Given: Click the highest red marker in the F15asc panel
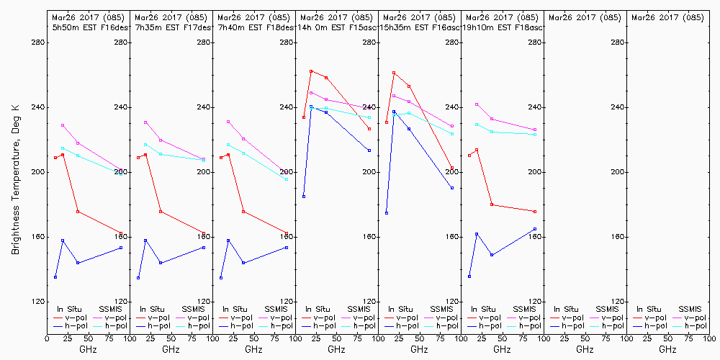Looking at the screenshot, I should (311, 71).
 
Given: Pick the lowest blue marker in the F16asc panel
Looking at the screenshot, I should (387, 213).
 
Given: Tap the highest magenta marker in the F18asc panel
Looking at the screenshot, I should (477, 104).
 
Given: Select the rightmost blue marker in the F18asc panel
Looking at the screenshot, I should (535, 229).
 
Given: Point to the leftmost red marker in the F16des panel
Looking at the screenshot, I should (55, 158).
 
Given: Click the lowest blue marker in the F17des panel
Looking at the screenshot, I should (138, 278).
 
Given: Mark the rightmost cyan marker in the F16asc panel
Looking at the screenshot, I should (452, 134).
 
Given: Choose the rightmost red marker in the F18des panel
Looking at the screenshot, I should (287, 233).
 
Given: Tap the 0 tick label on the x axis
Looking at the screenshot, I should (47, 337).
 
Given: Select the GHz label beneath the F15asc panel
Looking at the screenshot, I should (336, 349).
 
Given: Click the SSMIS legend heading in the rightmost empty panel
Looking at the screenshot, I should (690, 309).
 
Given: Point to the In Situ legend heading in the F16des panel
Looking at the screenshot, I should (69, 309).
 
